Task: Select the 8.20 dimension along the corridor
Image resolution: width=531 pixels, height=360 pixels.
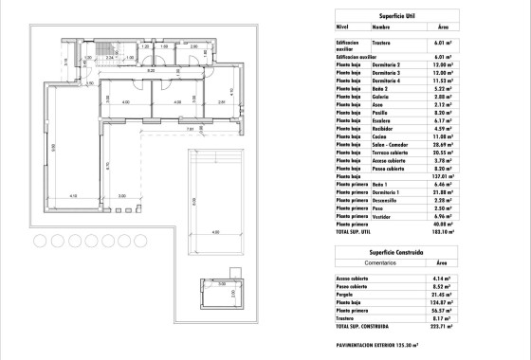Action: pos(150,70)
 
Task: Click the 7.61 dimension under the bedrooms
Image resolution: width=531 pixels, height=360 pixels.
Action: pos(189,129)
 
